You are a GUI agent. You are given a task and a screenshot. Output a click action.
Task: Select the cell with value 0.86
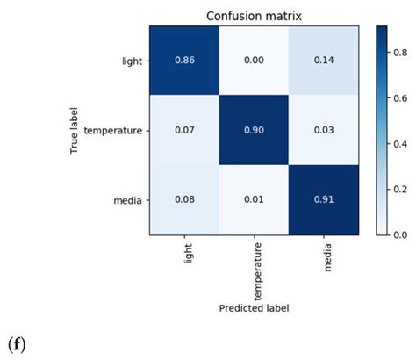pyautogui.click(x=184, y=61)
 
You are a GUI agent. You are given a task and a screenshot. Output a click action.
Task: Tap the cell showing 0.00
pyautogui.click(x=254, y=61)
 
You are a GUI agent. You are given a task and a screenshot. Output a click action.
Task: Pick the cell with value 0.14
pyautogui.click(x=323, y=61)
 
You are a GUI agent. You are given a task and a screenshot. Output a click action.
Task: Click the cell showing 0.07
pyautogui.click(x=184, y=130)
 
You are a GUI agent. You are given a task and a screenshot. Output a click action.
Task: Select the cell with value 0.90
pyautogui.click(x=254, y=130)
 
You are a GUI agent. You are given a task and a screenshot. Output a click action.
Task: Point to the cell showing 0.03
pyautogui.click(x=323, y=130)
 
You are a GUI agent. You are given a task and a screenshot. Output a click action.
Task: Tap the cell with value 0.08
pyautogui.click(x=184, y=199)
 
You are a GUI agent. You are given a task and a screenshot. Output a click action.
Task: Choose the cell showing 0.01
pyautogui.click(x=254, y=199)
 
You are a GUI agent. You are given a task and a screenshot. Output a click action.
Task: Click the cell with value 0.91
pyautogui.click(x=323, y=199)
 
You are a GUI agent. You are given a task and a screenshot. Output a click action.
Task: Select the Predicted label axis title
pyautogui.click(x=254, y=307)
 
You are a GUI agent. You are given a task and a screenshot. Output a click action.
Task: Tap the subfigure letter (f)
pyautogui.click(x=18, y=345)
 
